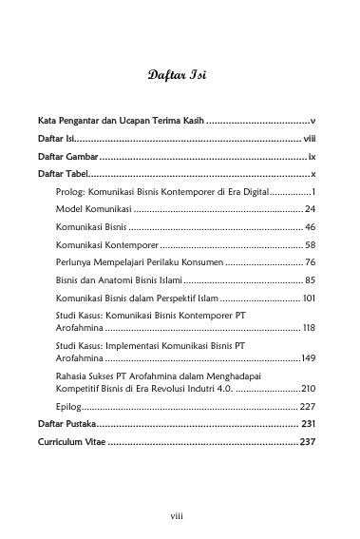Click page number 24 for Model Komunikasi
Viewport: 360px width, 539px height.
click(x=310, y=208)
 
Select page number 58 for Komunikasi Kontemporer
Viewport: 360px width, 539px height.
click(x=310, y=244)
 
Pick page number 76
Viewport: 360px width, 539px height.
click(x=310, y=261)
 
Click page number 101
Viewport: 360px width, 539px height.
click(x=308, y=298)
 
